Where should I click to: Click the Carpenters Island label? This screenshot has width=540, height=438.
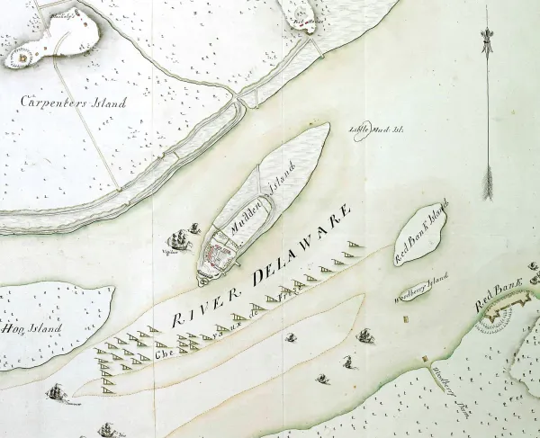click(74, 102)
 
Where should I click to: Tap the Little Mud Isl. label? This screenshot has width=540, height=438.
click(376, 129)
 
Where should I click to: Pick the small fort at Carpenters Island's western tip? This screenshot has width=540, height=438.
click(20, 58)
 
